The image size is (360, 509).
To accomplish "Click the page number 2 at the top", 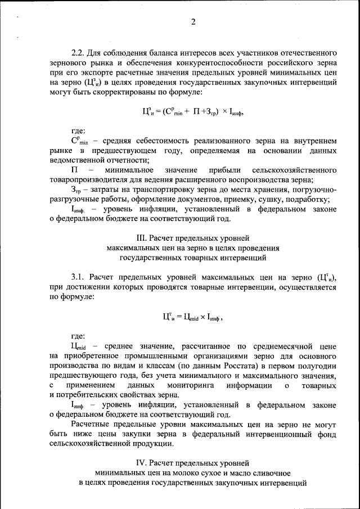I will point(192,22).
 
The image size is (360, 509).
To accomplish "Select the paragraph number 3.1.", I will point(78,277).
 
